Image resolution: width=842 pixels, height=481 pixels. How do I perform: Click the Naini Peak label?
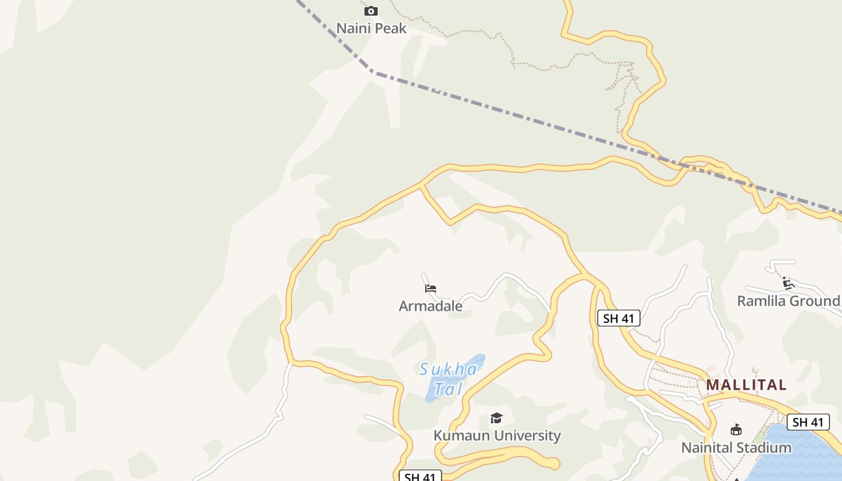point(371,28)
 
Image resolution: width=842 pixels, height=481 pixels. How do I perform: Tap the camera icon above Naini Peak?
point(371,11)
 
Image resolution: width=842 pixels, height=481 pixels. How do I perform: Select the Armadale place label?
point(431,306)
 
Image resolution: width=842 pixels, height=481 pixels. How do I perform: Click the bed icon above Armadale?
point(430,289)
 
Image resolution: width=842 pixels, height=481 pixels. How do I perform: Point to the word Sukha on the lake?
point(448,369)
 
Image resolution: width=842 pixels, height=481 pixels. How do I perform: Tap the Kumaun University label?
point(497,435)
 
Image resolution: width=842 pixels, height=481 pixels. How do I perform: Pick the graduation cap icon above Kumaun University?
point(496,418)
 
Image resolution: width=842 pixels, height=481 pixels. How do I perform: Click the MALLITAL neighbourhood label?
point(746,385)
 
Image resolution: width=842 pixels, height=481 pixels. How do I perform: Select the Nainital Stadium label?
point(736,448)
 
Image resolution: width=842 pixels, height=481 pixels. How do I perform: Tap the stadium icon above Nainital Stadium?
point(736,429)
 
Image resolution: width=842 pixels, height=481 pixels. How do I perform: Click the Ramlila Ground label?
point(788,301)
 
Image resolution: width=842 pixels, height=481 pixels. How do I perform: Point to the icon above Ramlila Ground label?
point(788,283)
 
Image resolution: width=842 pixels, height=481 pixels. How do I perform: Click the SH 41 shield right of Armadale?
point(618,319)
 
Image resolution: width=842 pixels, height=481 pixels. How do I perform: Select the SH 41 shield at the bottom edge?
point(420,477)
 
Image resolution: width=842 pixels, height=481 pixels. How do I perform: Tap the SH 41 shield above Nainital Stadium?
point(808,422)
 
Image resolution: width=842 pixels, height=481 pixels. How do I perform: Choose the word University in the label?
point(530,435)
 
